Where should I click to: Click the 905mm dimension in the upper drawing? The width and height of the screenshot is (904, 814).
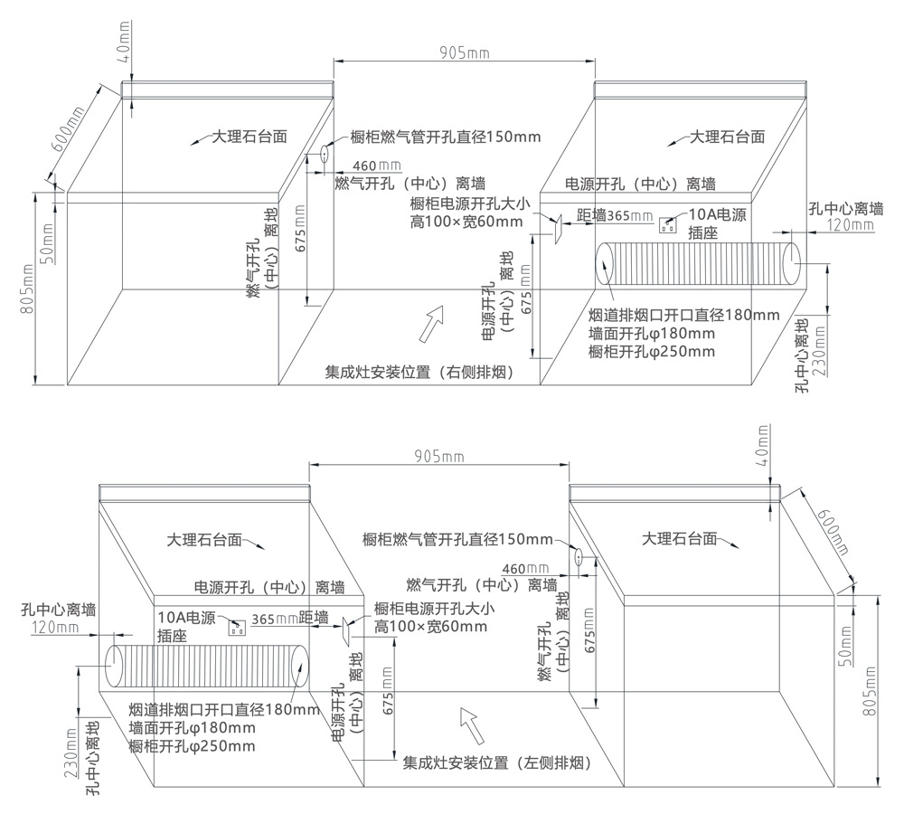click(x=464, y=52)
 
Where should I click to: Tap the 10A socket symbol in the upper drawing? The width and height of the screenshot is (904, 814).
click(x=669, y=223)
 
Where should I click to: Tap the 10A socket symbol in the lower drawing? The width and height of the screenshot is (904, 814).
click(x=238, y=627)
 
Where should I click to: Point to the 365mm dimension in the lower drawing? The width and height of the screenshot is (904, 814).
click(x=274, y=620)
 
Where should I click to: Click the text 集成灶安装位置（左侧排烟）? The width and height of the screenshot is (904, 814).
click(x=497, y=763)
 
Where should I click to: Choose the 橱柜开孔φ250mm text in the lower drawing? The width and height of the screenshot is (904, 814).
click(x=192, y=745)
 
